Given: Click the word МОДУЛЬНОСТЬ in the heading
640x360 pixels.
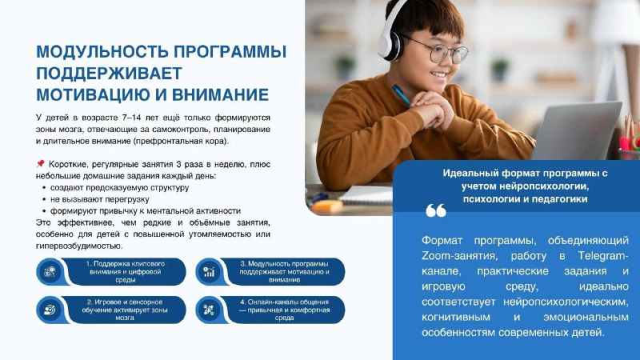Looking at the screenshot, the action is point(102,52).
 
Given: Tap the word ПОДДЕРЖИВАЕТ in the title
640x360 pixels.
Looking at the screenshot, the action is point(109,74).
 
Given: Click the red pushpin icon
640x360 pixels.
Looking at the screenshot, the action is point(40,164).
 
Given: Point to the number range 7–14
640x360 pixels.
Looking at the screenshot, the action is point(131,118).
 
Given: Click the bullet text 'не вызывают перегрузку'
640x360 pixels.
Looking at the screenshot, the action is point(99,199).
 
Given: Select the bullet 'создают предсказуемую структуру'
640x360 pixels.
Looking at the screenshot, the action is point(119,188).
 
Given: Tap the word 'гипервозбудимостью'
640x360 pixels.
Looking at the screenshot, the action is point(79,246).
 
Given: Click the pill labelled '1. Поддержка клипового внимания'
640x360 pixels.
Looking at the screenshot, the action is point(111,272).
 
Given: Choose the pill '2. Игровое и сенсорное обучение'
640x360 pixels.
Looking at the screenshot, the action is point(111,310).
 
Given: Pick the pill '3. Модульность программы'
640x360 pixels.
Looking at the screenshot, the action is point(270,272).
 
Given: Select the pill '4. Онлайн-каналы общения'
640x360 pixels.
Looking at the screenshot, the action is point(270,310).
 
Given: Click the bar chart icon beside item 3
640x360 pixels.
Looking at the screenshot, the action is point(209,272).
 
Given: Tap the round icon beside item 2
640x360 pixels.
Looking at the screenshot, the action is point(50,310).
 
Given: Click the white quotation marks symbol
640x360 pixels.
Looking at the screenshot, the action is point(436,210).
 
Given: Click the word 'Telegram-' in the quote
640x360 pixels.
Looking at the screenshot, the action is point(603,256).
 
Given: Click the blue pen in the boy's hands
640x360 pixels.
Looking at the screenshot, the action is point(401,94).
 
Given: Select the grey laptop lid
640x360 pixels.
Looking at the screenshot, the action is point(578,131).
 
